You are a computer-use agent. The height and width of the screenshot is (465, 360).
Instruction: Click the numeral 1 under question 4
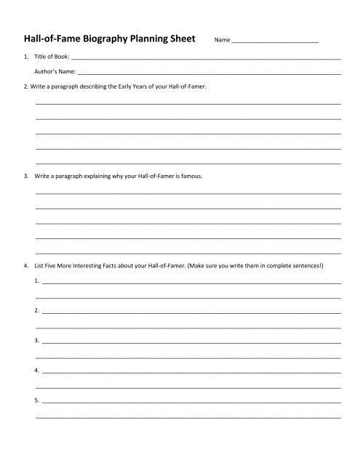click(36, 280)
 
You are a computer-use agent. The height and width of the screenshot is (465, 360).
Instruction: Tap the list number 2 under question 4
click(36, 310)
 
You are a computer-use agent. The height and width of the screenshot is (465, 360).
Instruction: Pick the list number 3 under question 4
click(36, 340)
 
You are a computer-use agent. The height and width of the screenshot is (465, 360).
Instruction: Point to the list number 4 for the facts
click(36, 371)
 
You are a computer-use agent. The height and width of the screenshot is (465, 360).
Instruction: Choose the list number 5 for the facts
click(36, 400)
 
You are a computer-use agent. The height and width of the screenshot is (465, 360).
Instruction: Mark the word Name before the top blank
click(222, 41)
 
